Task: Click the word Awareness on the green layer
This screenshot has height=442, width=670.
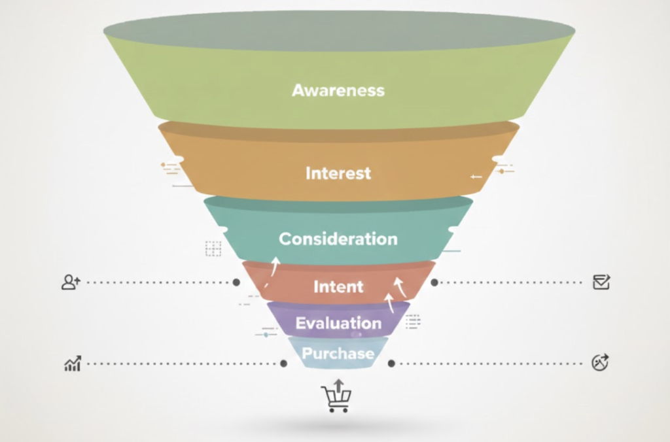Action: [338, 90]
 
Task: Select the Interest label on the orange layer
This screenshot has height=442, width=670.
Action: [338, 173]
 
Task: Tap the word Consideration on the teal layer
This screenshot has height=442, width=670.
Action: [338, 239]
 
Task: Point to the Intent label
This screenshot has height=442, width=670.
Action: [338, 286]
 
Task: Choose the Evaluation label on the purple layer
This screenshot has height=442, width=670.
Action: [338, 323]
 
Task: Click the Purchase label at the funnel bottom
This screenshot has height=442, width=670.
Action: [338, 354]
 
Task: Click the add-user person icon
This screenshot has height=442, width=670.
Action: [70, 282]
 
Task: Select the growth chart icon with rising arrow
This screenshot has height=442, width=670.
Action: [73, 364]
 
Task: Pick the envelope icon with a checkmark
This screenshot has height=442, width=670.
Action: [601, 282]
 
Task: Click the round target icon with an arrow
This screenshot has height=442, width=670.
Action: [599, 363]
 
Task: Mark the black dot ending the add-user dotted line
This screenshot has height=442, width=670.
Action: [236, 282]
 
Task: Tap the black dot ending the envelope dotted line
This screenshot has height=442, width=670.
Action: [434, 282]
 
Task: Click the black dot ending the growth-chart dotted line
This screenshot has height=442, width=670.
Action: [283, 364]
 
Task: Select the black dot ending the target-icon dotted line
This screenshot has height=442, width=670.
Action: [391, 364]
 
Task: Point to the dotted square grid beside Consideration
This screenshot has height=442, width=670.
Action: [213, 248]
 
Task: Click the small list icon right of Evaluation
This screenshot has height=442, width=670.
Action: [413, 321]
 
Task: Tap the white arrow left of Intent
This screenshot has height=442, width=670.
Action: [275, 265]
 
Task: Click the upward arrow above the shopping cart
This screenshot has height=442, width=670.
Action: [338, 384]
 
